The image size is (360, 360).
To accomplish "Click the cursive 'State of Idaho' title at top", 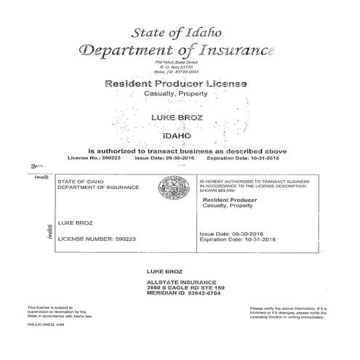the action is pyautogui.click(x=180, y=32).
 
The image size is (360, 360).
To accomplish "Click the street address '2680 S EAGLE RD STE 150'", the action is pyautogui.click(x=185, y=288).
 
